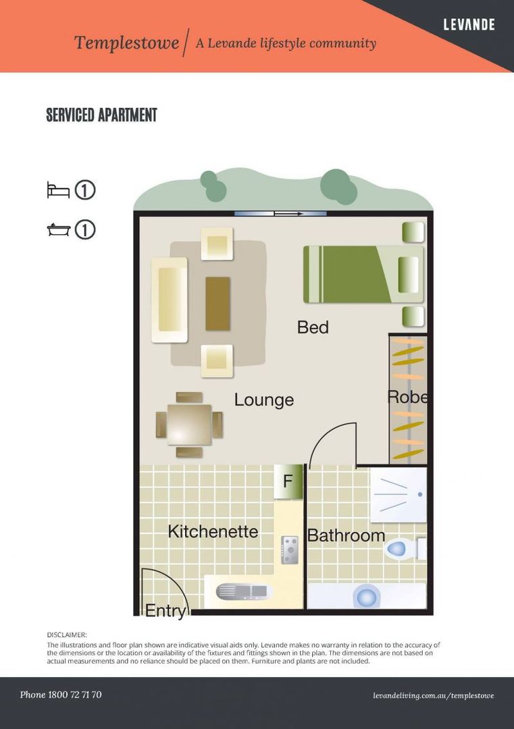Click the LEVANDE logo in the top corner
coord(469,24)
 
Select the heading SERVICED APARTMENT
coord(101,115)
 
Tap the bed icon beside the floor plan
coord(58,190)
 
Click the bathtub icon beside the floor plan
coord(59,230)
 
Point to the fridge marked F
coord(288,482)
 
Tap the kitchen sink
coord(243,592)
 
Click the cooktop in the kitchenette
coord(290,550)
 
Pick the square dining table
coord(189,425)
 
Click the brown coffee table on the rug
coord(217,304)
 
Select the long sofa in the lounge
coord(170,300)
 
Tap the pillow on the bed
coord(409,275)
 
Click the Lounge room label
coord(263,400)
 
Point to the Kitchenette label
coord(213,531)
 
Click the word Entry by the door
coord(165,610)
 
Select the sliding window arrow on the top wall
coord(288,214)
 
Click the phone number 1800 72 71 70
coord(74,695)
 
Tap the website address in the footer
coord(433,695)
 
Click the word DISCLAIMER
coord(66,634)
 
